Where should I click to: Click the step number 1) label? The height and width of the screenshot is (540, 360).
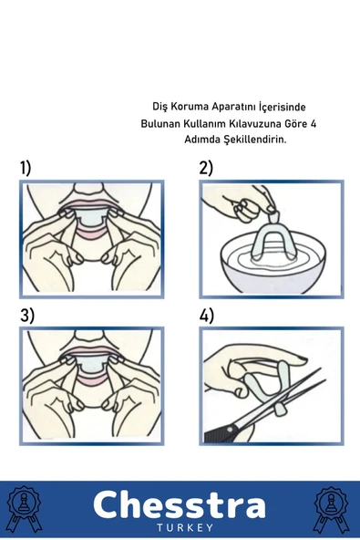[x=26, y=168]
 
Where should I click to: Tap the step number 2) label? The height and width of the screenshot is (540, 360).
[x=206, y=168]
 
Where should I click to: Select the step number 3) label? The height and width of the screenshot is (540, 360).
[x=27, y=316]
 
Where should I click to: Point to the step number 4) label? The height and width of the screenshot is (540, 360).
[x=207, y=316]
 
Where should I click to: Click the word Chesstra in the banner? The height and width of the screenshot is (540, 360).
[x=180, y=504]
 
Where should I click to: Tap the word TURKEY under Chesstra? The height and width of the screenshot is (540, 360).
[x=185, y=527]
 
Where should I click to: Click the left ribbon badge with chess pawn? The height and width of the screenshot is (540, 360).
[x=25, y=509]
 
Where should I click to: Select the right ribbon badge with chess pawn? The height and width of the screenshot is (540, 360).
[x=331, y=509]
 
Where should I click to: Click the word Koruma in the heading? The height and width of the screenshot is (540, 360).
[x=190, y=107]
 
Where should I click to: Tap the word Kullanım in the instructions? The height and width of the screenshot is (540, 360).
[x=210, y=123]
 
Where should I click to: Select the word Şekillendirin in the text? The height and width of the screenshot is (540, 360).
[x=255, y=140]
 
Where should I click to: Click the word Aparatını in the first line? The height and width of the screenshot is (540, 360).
[x=233, y=108]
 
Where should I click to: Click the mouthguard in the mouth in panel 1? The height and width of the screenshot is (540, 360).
[x=90, y=219]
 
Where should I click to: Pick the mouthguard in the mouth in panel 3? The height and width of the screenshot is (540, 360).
[x=90, y=366]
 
